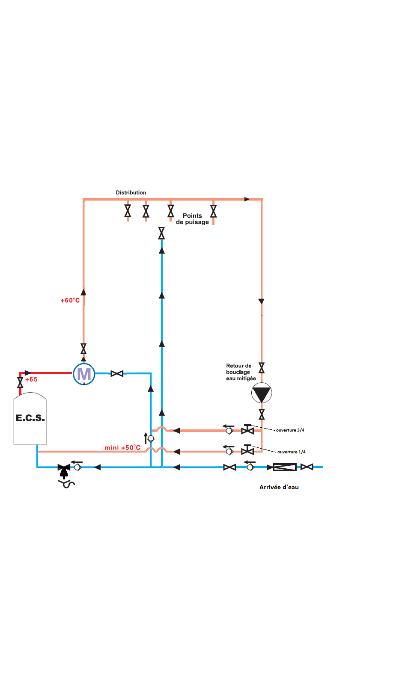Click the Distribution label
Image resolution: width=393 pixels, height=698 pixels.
[131, 192]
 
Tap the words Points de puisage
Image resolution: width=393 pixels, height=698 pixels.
[192, 219]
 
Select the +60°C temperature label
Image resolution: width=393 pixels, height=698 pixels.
[70, 301]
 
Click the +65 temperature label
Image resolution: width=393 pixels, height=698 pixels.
[31, 379]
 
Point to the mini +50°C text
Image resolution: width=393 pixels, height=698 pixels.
[122, 448]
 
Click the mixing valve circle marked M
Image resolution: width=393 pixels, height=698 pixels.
[84, 374]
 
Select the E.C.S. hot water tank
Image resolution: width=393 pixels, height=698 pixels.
[30, 419]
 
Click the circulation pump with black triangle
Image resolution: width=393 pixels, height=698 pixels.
[261, 393]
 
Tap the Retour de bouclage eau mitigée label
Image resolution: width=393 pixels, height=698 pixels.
[241, 372]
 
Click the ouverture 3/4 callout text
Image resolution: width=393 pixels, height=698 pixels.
[290, 430]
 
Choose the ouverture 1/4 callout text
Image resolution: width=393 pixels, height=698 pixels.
[291, 452]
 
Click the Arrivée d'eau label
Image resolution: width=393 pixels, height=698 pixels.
[279, 487]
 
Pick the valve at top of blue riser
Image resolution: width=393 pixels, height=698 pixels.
[161, 234]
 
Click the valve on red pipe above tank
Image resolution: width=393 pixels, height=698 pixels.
[20, 382]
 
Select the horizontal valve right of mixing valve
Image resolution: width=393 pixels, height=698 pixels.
[117, 374]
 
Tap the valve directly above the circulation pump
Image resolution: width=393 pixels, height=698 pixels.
[261, 368]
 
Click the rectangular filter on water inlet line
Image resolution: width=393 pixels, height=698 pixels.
[285, 467]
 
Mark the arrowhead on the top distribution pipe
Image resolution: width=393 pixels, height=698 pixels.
[247, 199]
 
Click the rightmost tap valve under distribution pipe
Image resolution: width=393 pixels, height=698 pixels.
[213, 211]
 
